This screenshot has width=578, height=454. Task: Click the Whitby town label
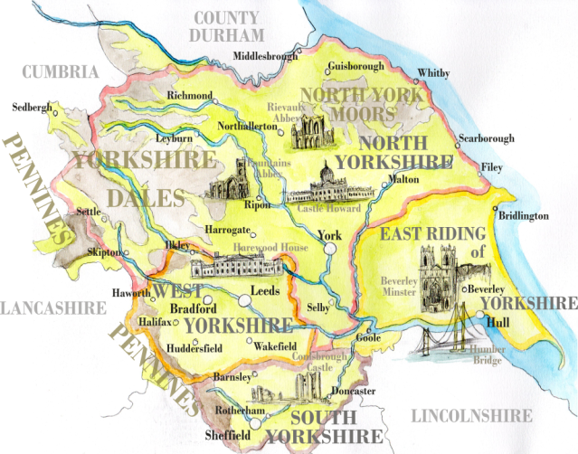432,73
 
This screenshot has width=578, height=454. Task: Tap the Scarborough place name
487,138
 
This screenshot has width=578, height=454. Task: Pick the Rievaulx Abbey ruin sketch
312,132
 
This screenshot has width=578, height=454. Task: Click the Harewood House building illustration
237,268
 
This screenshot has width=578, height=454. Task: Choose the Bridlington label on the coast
524,216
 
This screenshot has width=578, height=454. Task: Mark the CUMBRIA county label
61,72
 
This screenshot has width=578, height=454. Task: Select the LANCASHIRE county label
52,308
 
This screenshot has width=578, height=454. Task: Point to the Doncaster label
354,391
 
